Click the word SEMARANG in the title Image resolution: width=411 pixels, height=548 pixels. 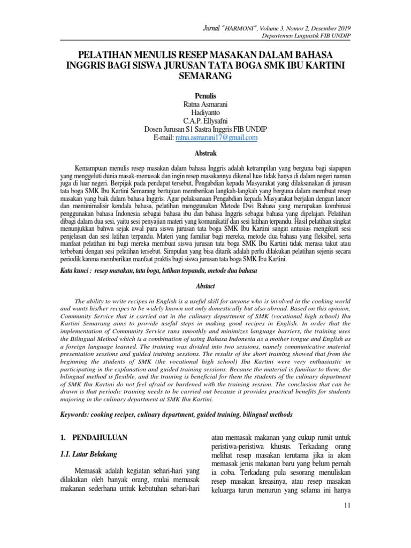click(205, 77)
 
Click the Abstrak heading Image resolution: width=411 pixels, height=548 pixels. click(205, 153)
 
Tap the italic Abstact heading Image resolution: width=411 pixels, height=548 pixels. click(205, 286)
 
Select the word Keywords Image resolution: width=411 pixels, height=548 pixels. click(77, 415)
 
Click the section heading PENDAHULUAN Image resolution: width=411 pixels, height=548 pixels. click(101, 437)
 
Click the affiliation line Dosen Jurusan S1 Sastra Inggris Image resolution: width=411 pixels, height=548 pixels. click(205, 130)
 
